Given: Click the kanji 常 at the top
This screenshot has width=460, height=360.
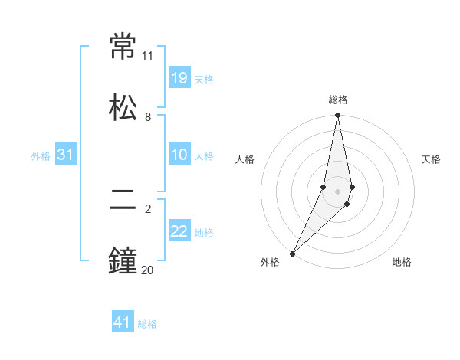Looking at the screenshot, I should click(123, 47).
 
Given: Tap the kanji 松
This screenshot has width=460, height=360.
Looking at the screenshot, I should click(123, 106).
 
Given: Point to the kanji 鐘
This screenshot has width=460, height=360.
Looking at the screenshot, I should click(123, 261).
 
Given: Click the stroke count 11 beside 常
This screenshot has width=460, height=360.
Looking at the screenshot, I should click(148, 56).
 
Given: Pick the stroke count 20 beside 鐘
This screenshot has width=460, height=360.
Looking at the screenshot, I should click(147, 270).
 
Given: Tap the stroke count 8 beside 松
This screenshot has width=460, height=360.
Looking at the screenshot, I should click(148, 117).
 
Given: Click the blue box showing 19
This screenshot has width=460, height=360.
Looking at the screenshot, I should click(179, 77).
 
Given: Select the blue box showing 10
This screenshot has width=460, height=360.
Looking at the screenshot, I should click(179, 155).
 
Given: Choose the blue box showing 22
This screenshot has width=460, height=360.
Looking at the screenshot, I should click(179, 231).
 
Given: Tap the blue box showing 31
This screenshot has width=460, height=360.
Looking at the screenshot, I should click(66, 155).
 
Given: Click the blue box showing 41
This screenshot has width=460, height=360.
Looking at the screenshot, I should click(123, 322).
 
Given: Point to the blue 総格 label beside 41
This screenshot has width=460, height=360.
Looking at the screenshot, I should click(147, 324).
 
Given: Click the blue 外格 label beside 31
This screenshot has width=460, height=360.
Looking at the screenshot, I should click(41, 156).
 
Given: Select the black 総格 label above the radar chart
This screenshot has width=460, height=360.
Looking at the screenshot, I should click(338, 100).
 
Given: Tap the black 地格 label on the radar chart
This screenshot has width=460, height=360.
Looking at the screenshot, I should click(402, 262).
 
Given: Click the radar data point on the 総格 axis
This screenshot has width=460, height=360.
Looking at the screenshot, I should click(337, 116).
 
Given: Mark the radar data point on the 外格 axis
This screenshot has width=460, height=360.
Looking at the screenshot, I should click(292, 253).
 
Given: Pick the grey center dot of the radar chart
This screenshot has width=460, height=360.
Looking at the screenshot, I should click(337, 191).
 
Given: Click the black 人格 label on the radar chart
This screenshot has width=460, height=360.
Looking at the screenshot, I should click(245, 159).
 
